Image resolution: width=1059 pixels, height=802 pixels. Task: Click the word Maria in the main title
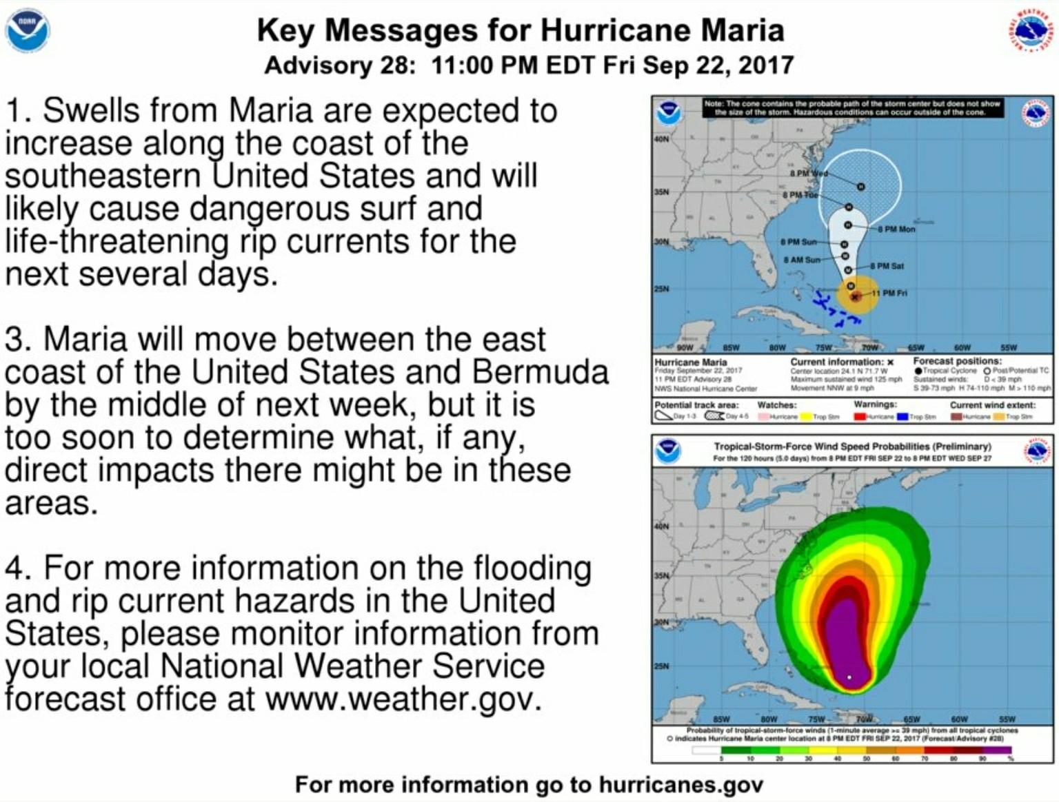742,30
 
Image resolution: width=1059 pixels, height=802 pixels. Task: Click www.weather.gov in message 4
400,699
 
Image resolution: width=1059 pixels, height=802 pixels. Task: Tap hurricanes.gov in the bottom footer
680,785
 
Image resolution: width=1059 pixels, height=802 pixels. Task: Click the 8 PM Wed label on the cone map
808,173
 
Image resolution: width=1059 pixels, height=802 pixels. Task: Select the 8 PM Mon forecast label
896,229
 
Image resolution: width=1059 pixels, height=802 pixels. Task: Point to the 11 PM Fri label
889,294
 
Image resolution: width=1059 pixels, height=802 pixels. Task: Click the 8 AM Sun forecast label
802,260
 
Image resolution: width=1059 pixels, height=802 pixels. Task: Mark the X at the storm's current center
855,297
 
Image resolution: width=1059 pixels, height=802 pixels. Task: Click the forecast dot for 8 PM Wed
861,186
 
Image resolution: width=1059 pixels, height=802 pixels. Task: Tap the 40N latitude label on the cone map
661,139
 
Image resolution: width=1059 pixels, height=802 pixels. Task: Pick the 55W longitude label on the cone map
1008,347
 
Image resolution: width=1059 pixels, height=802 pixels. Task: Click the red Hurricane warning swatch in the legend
860,417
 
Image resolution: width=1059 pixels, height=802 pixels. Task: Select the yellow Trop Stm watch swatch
805,417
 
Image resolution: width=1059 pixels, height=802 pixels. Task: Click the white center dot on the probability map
849,677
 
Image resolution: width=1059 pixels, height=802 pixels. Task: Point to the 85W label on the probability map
721,719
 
